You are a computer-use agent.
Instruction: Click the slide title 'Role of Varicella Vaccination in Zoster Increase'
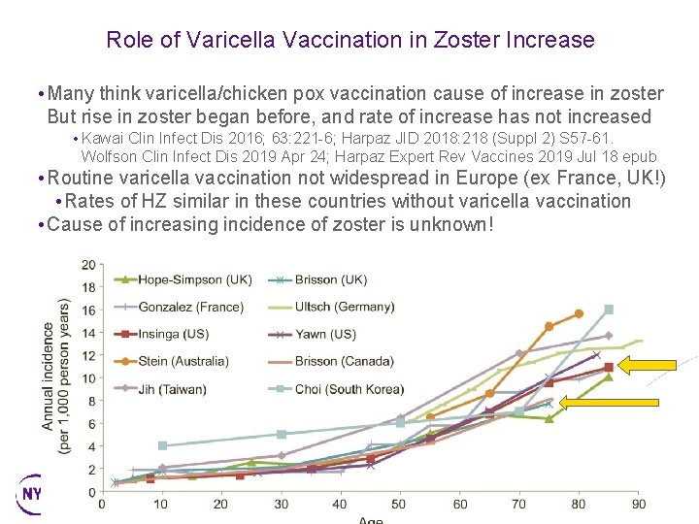pos(349,40)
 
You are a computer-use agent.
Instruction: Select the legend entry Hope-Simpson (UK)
pos(194,279)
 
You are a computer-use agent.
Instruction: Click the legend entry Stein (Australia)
pos(183,361)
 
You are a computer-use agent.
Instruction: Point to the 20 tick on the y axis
pos(89,264)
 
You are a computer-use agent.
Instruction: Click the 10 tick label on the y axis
pos(89,377)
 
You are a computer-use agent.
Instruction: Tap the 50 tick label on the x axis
pos(399,505)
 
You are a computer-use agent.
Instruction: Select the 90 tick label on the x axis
pos(639,505)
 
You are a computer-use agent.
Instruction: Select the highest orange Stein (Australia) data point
pos(579,313)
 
